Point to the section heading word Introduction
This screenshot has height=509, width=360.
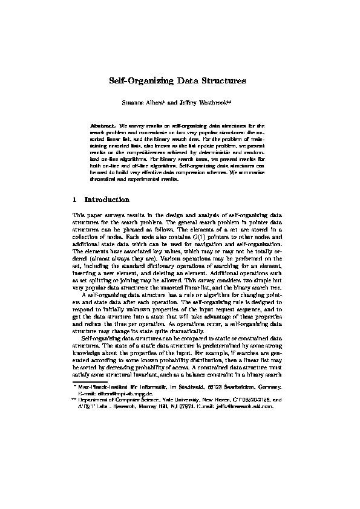coord(107,199)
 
